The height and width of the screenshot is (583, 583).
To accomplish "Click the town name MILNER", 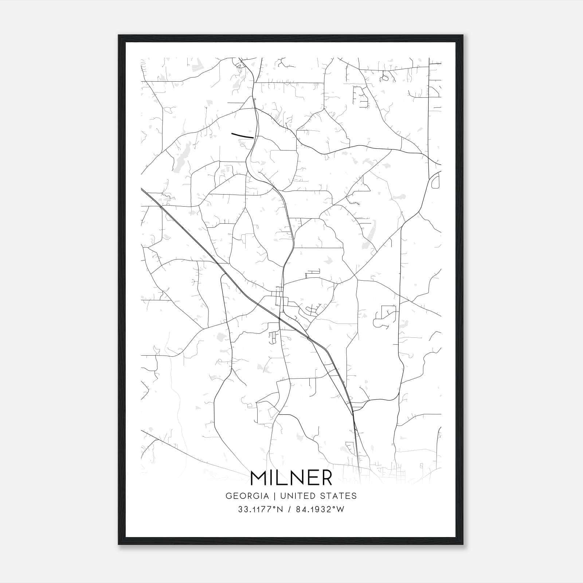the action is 291,478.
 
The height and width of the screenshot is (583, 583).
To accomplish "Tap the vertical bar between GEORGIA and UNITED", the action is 275,496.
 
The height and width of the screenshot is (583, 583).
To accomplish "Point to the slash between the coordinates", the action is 289,509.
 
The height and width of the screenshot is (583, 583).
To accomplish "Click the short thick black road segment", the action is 242,136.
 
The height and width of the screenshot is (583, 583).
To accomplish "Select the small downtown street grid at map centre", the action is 280,297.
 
